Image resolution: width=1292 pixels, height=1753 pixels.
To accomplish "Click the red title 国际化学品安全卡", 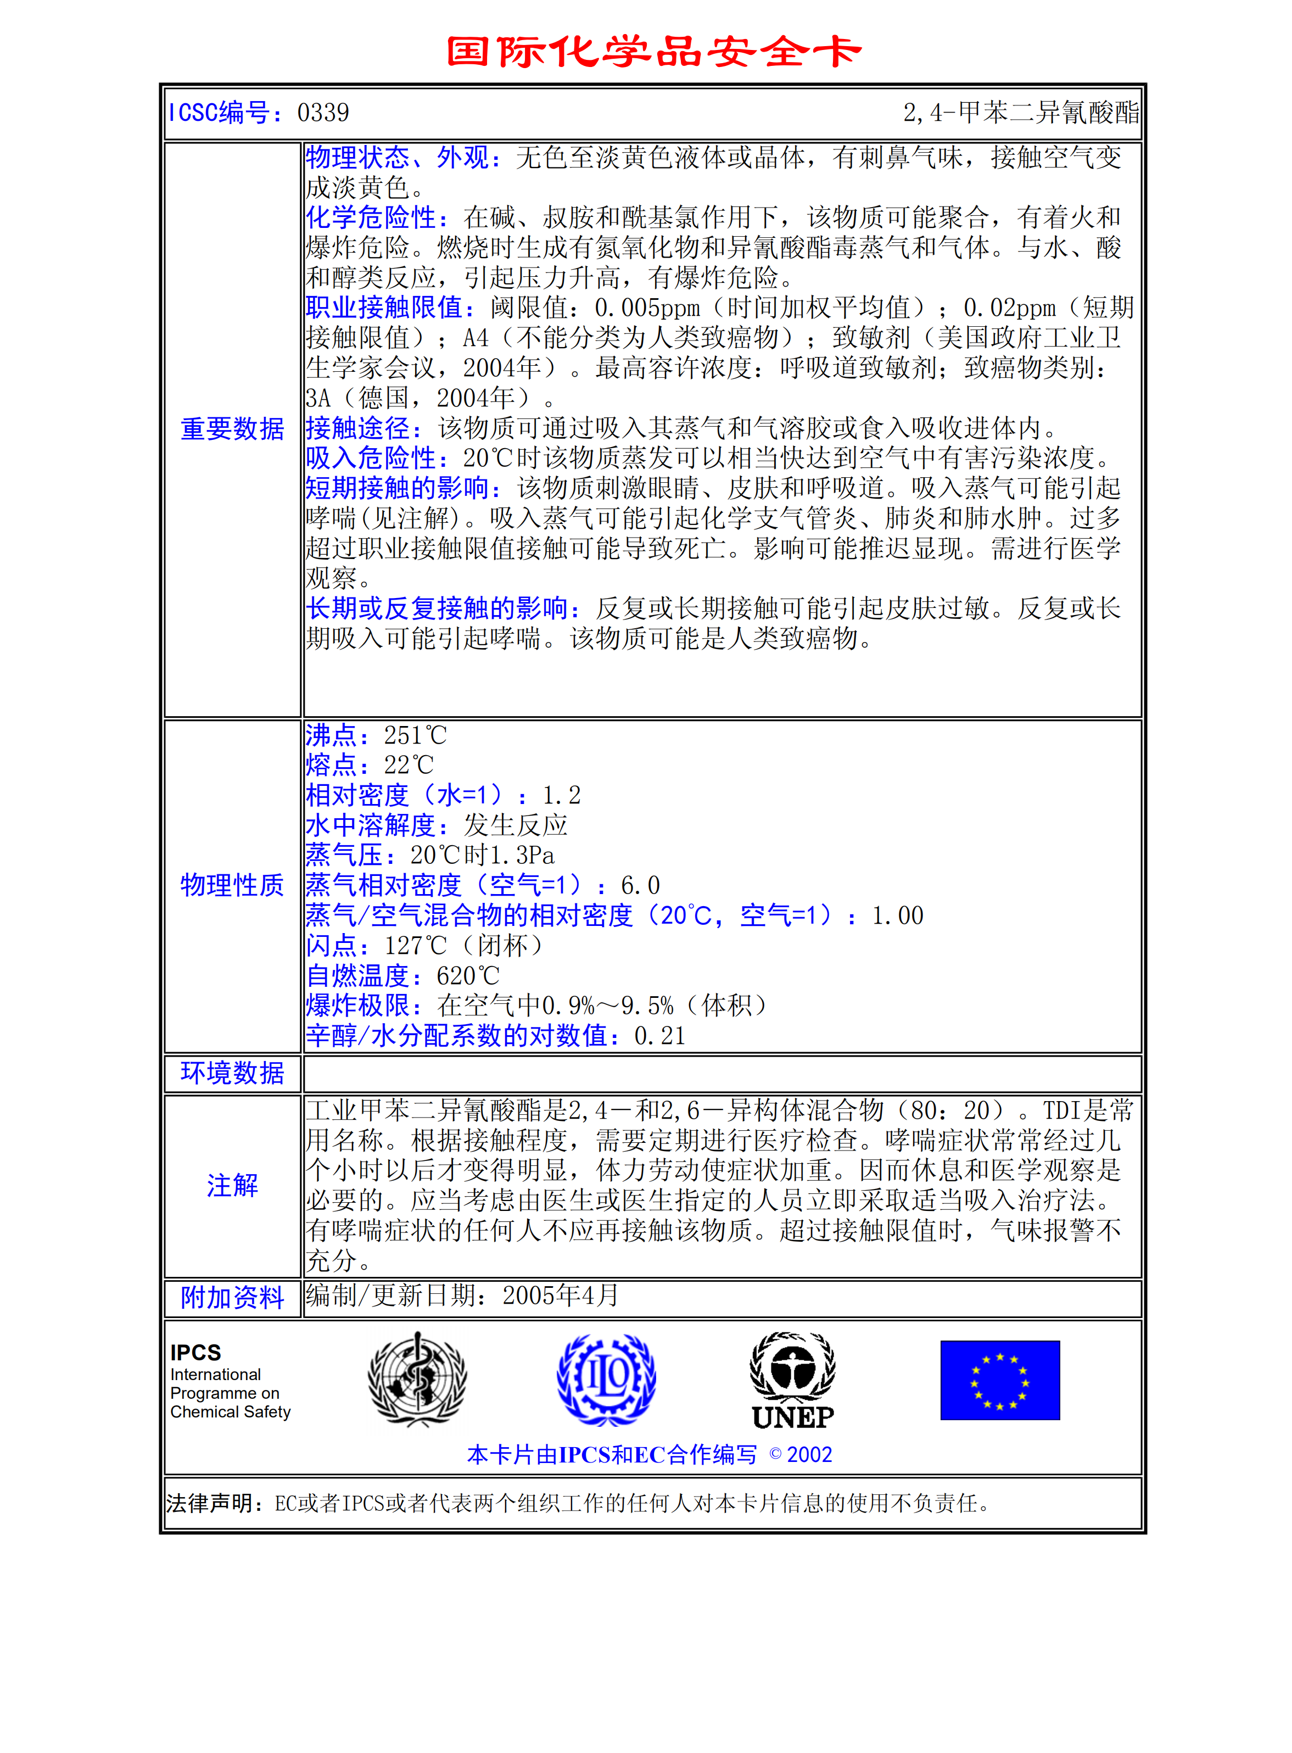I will pyautogui.click(x=654, y=52).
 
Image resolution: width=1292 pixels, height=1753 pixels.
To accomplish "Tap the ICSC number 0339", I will pyautogui.click(x=323, y=113).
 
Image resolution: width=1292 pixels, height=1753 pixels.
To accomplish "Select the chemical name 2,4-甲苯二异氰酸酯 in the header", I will pyautogui.click(x=1021, y=113).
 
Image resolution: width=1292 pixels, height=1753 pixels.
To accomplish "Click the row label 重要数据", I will pyautogui.click(x=232, y=429).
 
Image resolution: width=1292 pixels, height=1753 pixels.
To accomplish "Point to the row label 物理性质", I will pyautogui.click(x=232, y=885).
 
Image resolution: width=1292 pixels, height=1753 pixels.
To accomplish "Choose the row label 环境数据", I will pyautogui.click(x=232, y=1073).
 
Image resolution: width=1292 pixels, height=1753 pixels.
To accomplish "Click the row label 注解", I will pyautogui.click(x=232, y=1185).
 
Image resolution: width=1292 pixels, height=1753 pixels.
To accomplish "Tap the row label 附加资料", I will pyautogui.click(x=232, y=1297).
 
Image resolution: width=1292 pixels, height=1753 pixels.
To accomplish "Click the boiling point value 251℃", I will pyautogui.click(x=415, y=735).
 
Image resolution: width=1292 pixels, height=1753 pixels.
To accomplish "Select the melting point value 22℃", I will pyautogui.click(x=409, y=765).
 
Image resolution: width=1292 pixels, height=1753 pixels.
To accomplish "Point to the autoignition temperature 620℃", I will pyautogui.click(x=468, y=975).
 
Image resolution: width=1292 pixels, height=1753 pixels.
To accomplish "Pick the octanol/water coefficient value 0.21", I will pyautogui.click(x=659, y=1036).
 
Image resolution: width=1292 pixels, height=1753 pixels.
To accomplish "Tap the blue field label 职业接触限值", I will pyautogui.click(x=389, y=308).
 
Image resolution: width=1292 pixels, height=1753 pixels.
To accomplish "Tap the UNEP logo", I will pyautogui.click(x=793, y=1381).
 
